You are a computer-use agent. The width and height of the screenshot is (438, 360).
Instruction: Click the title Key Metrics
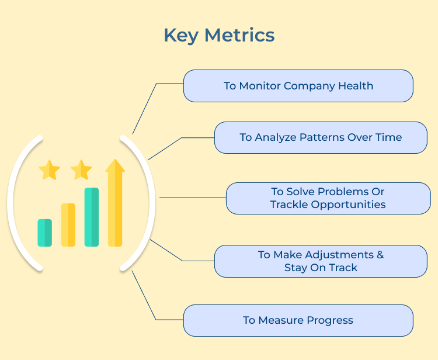(219, 35)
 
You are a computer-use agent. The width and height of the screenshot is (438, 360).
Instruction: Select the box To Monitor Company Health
(298, 86)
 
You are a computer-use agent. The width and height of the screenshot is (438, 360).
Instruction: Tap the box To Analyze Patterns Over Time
(321, 137)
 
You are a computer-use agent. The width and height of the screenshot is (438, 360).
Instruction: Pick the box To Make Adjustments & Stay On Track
(321, 261)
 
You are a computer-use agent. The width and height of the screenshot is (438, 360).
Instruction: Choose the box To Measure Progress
(298, 320)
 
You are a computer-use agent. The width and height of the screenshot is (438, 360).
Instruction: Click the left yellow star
(49, 170)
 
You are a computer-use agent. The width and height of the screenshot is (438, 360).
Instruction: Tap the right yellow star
(81, 170)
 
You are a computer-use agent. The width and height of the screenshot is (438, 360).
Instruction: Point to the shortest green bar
(45, 233)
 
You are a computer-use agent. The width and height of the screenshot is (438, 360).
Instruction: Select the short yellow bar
(68, 225)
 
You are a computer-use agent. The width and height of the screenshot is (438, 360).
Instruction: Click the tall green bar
(92, 217)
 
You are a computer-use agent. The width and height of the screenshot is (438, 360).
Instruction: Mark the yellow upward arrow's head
(115, 167)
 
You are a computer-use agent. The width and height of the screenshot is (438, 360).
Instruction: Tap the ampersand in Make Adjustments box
(380, 255)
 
